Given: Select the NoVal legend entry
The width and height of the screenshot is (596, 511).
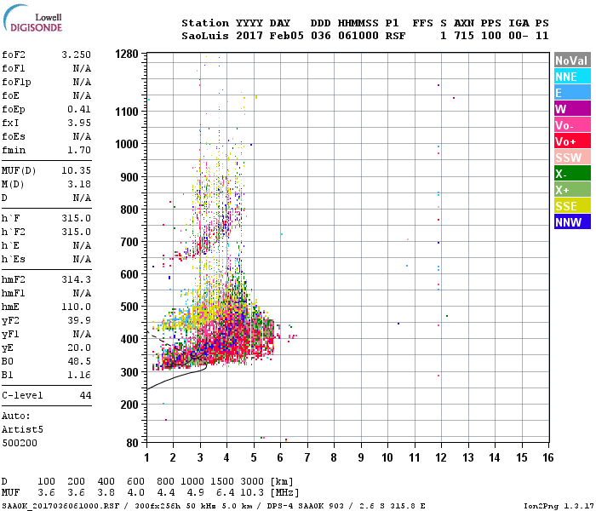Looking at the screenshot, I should tap(571, 60).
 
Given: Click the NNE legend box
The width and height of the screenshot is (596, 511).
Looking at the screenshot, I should tap(571, 77).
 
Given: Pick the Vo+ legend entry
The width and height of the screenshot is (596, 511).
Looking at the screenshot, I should tap(571, 141).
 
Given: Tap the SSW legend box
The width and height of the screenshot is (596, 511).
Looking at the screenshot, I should tap(571, 158).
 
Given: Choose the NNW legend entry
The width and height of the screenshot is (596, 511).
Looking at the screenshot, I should tap(571, 222).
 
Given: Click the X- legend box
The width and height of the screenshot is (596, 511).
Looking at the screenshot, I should tap(571, 174).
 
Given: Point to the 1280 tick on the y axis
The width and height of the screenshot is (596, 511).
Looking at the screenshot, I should tap(127, 54).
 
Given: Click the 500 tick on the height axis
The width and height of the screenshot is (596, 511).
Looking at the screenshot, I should tap(129, 307).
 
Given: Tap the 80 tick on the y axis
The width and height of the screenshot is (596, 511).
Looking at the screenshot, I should tap(132, 443).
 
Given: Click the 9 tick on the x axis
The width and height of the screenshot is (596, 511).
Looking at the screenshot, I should tap(361, 457).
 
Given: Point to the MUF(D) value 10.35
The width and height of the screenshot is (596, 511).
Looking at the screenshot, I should tap(76, 171).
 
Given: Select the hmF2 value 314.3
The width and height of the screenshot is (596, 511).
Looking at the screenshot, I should tap(76, 278).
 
